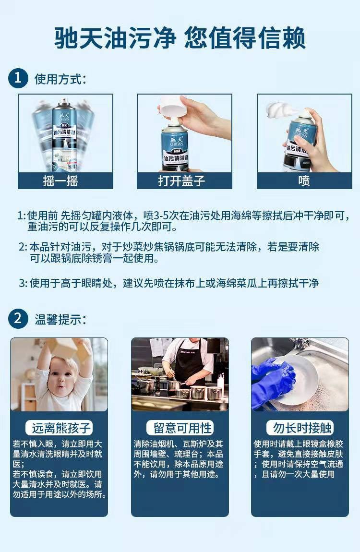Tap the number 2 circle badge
18,319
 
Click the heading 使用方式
60,79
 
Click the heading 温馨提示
60,319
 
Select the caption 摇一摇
65,181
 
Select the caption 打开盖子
184,181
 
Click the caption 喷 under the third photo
304,181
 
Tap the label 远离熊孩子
59,428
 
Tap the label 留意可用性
180,428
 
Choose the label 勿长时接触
300,428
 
